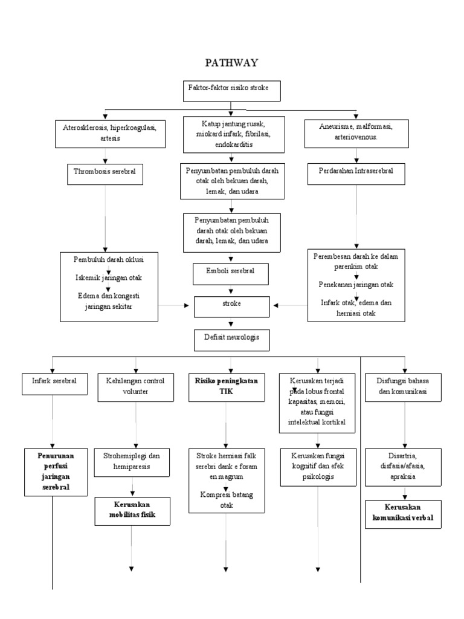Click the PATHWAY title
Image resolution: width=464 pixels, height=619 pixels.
pyautogui.click(x=231, y=63)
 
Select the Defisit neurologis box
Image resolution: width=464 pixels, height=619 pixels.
pyautogui.click(x=232, y=340)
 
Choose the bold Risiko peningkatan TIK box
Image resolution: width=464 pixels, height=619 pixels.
pyautogui.click(x=225, y=387)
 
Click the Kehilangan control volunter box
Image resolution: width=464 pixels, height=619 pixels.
pyautogui.click(x=135, y=387)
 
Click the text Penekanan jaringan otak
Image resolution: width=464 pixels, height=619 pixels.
pyautogui.click(x=356, y=284)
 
